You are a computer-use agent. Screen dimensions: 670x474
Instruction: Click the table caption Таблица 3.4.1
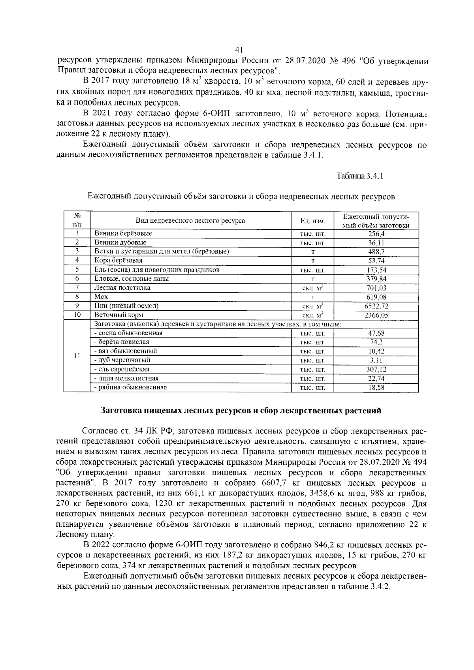(359, 176)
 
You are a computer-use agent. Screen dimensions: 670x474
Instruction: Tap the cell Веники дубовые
(120, 242)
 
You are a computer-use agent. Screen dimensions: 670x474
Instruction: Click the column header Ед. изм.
(312, 221)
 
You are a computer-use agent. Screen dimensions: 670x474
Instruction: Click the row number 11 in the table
(77, 356)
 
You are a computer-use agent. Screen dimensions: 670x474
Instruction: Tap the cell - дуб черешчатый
(122, 360)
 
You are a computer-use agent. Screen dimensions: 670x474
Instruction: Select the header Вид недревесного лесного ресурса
(190, 221)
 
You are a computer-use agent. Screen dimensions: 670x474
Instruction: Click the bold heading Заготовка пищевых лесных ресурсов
(241, 411)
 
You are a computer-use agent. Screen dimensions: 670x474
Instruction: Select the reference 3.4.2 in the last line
(380, 587)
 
